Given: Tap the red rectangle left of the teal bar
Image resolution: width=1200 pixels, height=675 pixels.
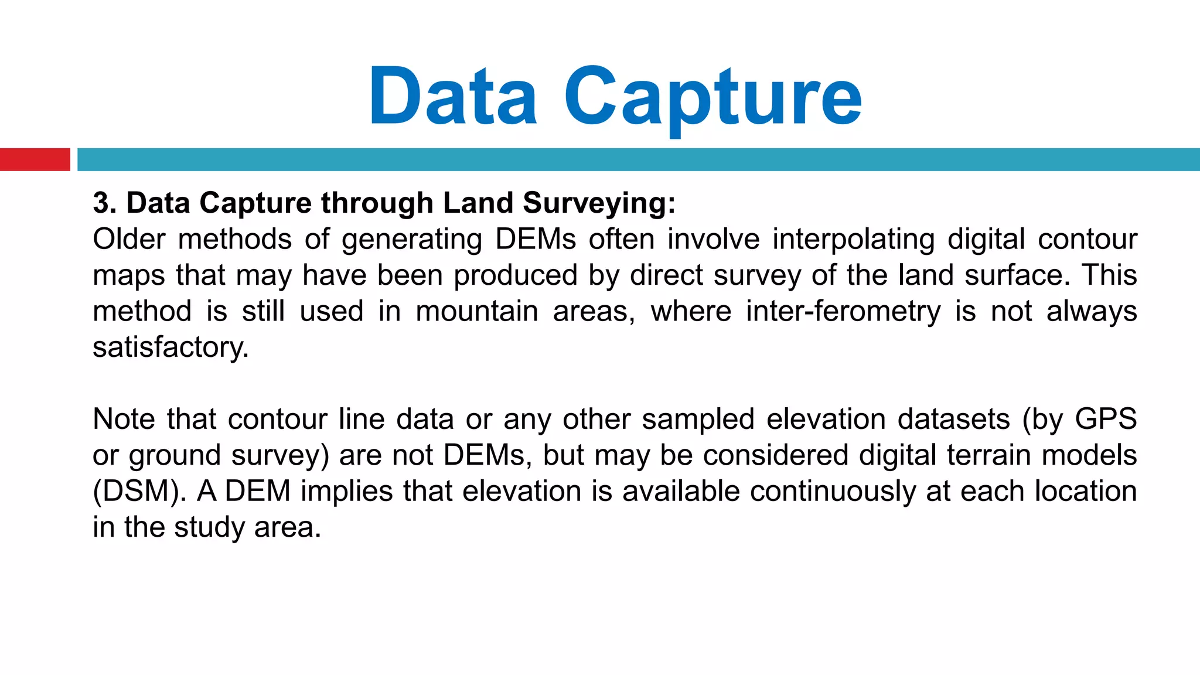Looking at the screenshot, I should (35, 159).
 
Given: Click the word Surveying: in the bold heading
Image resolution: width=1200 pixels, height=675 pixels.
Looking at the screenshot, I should (599, 204).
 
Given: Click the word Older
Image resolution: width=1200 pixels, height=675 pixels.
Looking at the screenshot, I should (129, 239).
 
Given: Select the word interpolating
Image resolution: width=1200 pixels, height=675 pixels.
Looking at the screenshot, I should (853, 240).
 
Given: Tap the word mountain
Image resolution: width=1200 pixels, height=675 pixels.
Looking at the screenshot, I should (477, 311).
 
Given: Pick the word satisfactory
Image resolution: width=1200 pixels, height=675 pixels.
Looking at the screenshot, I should (171, 347).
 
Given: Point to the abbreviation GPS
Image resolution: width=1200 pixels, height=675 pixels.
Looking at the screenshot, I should (1106, 419).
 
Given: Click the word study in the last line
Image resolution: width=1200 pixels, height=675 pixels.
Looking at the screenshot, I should (208, 527).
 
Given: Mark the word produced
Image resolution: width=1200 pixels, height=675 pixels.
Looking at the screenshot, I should (516, 276).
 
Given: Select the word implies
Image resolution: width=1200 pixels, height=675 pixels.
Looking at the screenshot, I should (346, 492).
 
